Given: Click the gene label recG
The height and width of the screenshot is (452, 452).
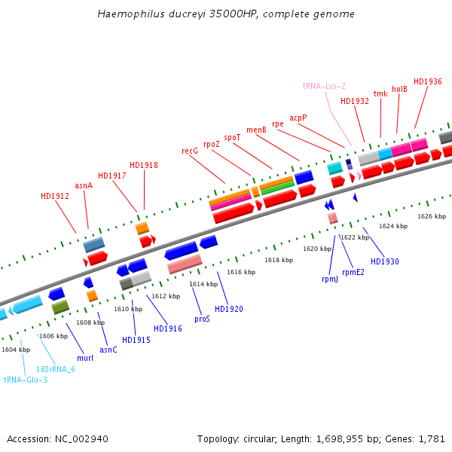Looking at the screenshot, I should pyautogui.click(x=190, y=151).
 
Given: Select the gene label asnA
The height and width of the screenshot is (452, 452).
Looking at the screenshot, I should pyautogui.click(x=84, y=185).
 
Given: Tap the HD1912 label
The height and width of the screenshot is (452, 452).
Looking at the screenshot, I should pyautogui.click(x=55, y=196).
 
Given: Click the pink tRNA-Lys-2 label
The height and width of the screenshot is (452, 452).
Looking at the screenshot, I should pyautogui.click(x=324, y=87).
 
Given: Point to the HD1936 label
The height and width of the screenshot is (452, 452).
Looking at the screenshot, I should pyautogui.click(x=427, y=81).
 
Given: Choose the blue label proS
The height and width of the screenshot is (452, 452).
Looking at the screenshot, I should pyautogui.click(x=202, y=319).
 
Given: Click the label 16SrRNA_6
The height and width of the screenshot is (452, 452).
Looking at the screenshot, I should pyautogui.click(x=56, y=369).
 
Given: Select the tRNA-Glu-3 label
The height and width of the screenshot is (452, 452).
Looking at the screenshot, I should pyautogui.click(x=26, y=380).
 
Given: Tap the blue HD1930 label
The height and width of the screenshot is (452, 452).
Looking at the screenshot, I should pyautogui.click(x=385, y=261).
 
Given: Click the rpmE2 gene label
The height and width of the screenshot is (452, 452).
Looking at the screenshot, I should pyautogui.click(x=353, y=272).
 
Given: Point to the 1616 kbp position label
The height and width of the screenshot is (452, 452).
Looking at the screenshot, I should pyautogui.click(x=241, y=272).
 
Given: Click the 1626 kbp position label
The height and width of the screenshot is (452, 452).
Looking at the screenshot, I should pyautogui.click(x=432, y=216).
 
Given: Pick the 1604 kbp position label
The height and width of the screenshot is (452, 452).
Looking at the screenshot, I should pyautogui.click(x=16, y=350).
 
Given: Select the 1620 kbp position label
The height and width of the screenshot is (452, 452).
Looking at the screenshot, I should pyautogui.click(x=317, y=249).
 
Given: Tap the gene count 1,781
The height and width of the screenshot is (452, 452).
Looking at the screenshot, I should pyautogui.click(x=432, y=438).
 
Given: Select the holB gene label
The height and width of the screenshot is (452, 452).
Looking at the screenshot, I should pyautogui.click(x=399, y=89).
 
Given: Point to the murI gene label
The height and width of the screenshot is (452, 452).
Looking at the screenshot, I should pyautogui.click(x=85, y=358).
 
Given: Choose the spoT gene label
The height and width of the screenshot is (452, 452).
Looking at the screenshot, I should pyautogui.click(x=232, y=137).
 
